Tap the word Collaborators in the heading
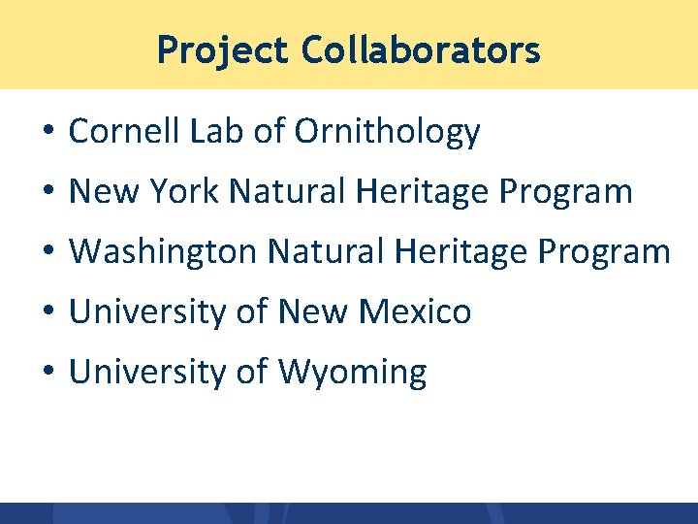(x=420, y=49)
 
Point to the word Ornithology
(x=387, y=132)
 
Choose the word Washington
(x=163, y=252)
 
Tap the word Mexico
(x=415, y=312)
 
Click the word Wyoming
(x=352, y=373)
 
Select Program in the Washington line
(x=603, y=252)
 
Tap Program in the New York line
(x=566, y=192)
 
